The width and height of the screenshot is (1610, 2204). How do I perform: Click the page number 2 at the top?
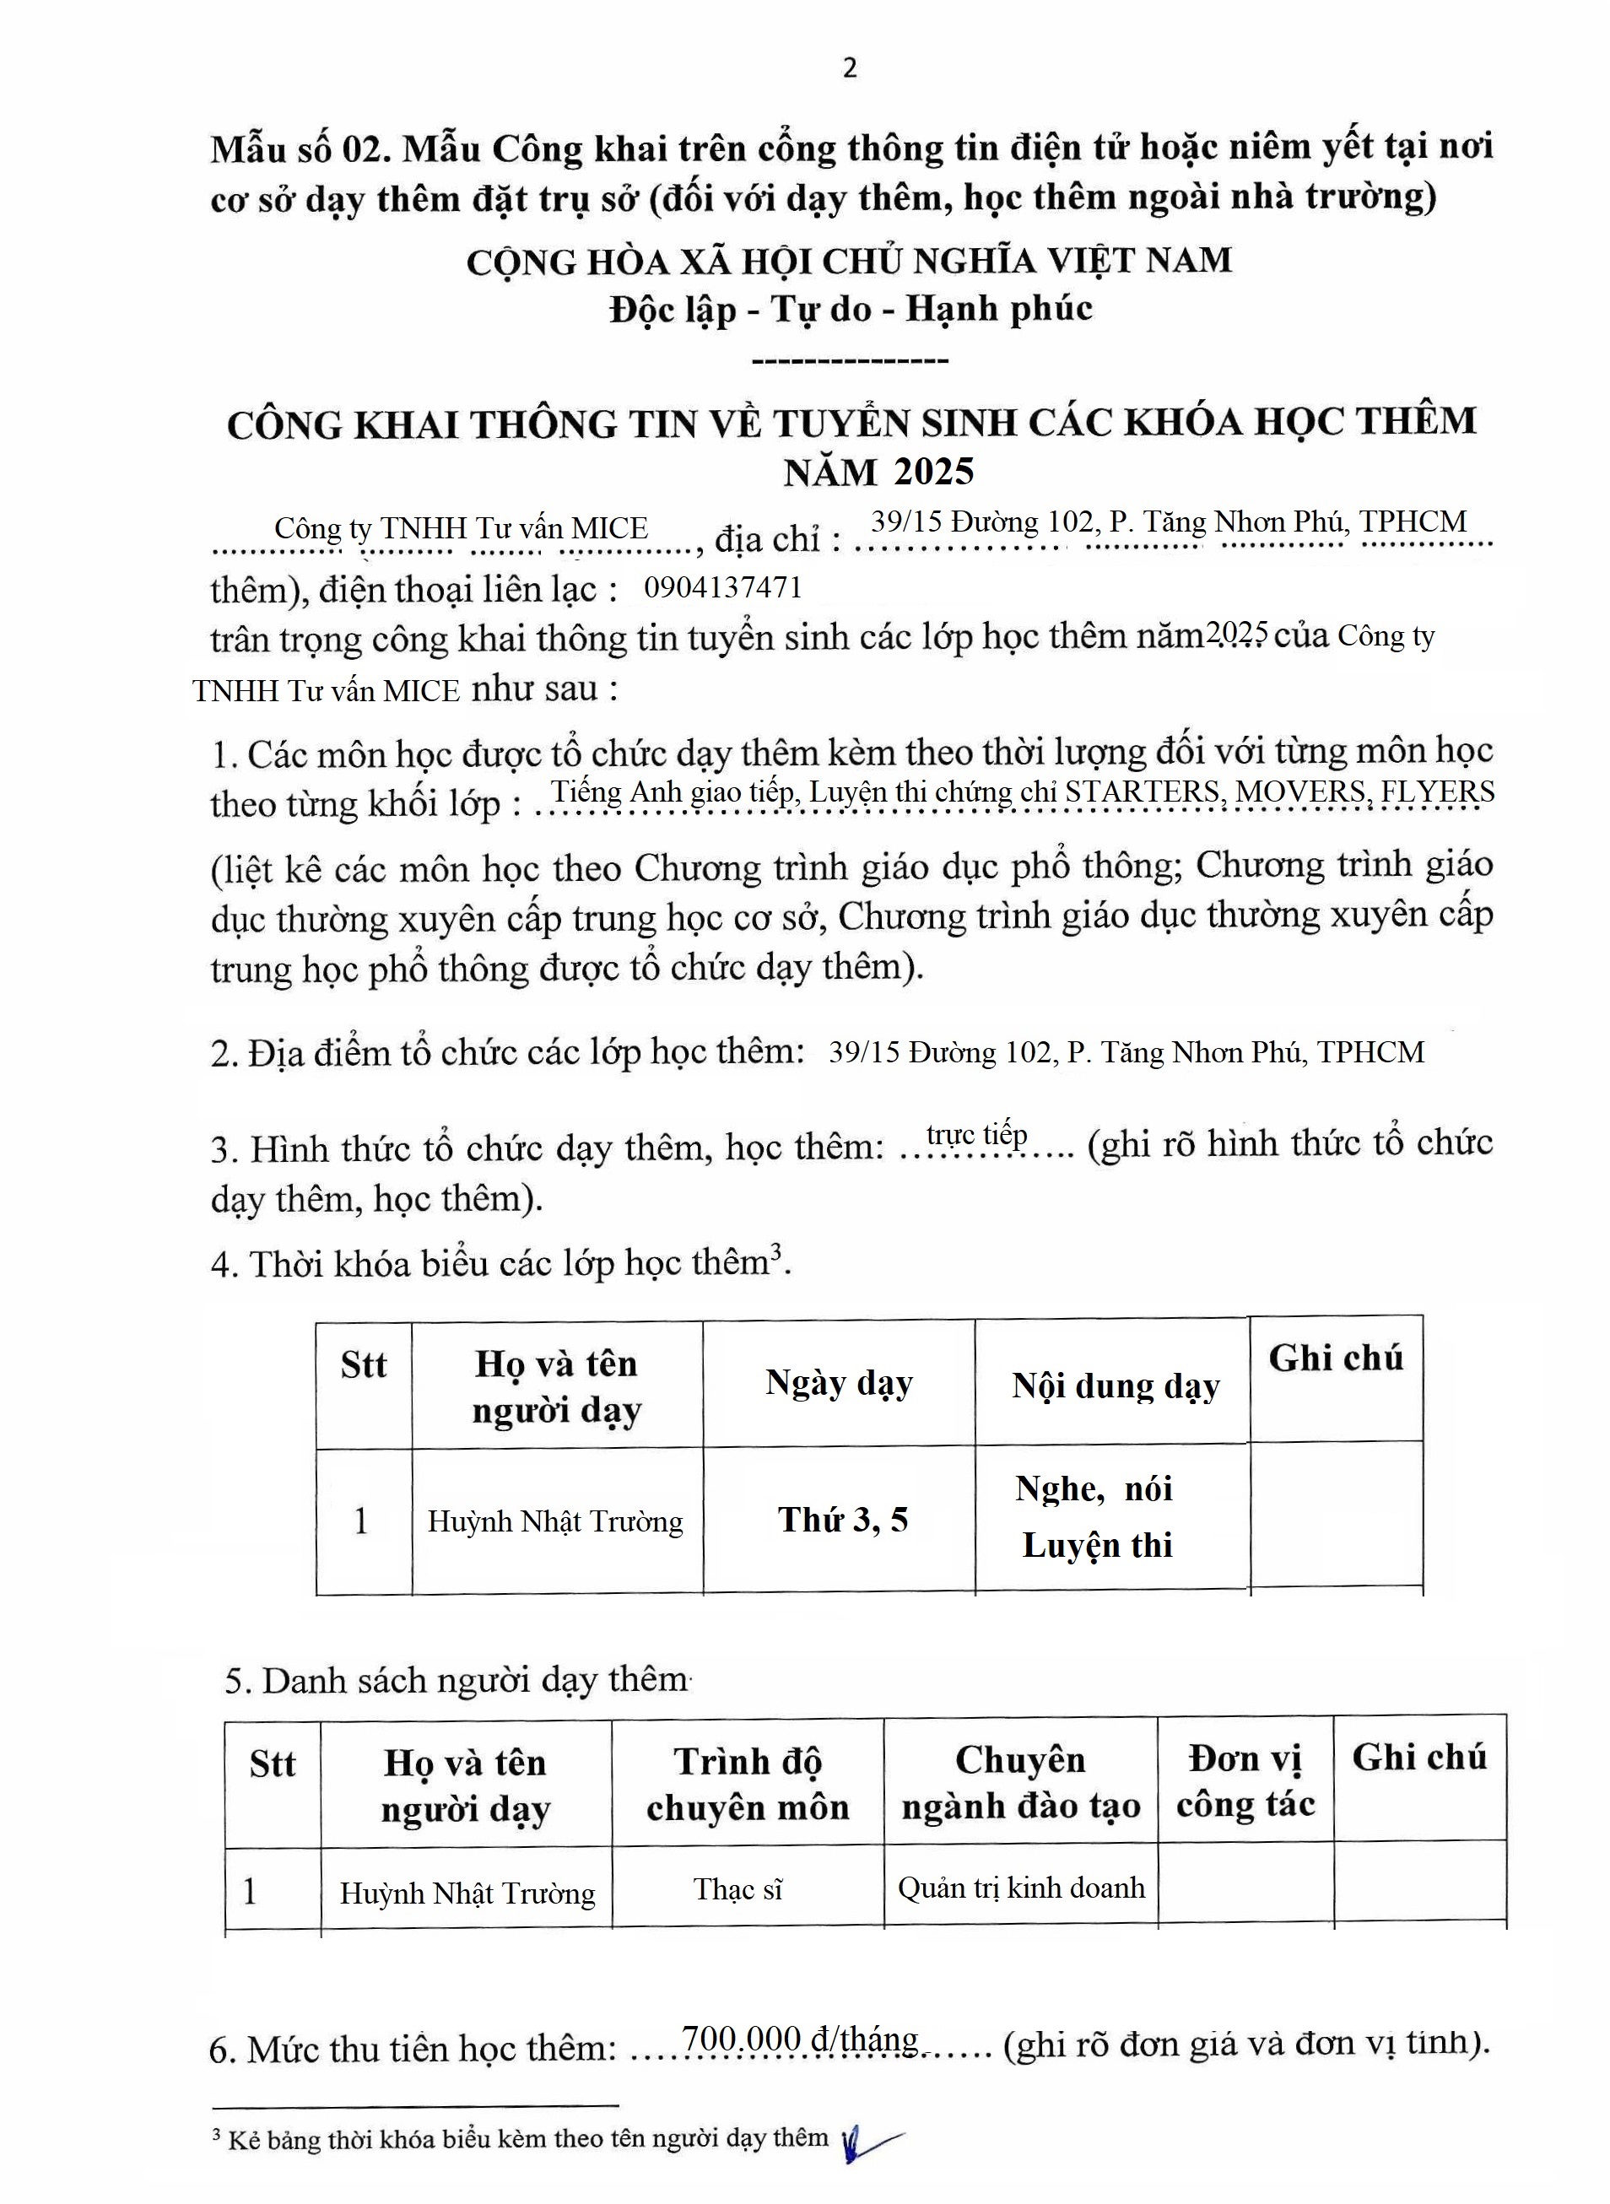click(850, 68)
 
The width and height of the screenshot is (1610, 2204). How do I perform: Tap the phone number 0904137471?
click(723, 587)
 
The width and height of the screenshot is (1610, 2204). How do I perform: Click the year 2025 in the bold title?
click(933, 472)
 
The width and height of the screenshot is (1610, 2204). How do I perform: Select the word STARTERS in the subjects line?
click(1141, 791)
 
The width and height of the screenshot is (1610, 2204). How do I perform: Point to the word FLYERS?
click(1438, 791)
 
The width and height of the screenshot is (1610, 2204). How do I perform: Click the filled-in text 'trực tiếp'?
click(976, 1135)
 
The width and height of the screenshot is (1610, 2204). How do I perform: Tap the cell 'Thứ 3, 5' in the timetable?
click(843, 1519)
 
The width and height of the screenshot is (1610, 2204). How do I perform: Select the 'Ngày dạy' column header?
click(839, 1383)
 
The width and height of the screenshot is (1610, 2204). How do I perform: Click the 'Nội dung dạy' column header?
click(1116, 1385)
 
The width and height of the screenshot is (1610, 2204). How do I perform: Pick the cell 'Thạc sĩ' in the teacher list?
click(737, 1889)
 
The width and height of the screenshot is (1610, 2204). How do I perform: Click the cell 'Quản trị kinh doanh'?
click(1020, 1888)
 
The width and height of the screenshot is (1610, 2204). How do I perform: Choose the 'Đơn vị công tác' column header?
click(1245, 1780)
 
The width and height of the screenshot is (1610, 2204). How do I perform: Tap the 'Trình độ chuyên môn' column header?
click(748, 1783)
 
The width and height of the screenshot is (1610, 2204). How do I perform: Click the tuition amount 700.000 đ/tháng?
click(799, 2039)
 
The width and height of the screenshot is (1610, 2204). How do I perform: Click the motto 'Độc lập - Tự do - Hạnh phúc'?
click(851, 309)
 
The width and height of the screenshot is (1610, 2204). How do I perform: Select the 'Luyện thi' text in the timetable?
click(1097, 1545)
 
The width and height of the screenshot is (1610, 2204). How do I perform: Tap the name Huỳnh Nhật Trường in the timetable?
click(555, 1521)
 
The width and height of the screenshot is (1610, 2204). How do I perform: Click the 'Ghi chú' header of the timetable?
click(1335, 1359)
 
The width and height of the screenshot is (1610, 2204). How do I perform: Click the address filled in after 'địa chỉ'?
click(1169, 522)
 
